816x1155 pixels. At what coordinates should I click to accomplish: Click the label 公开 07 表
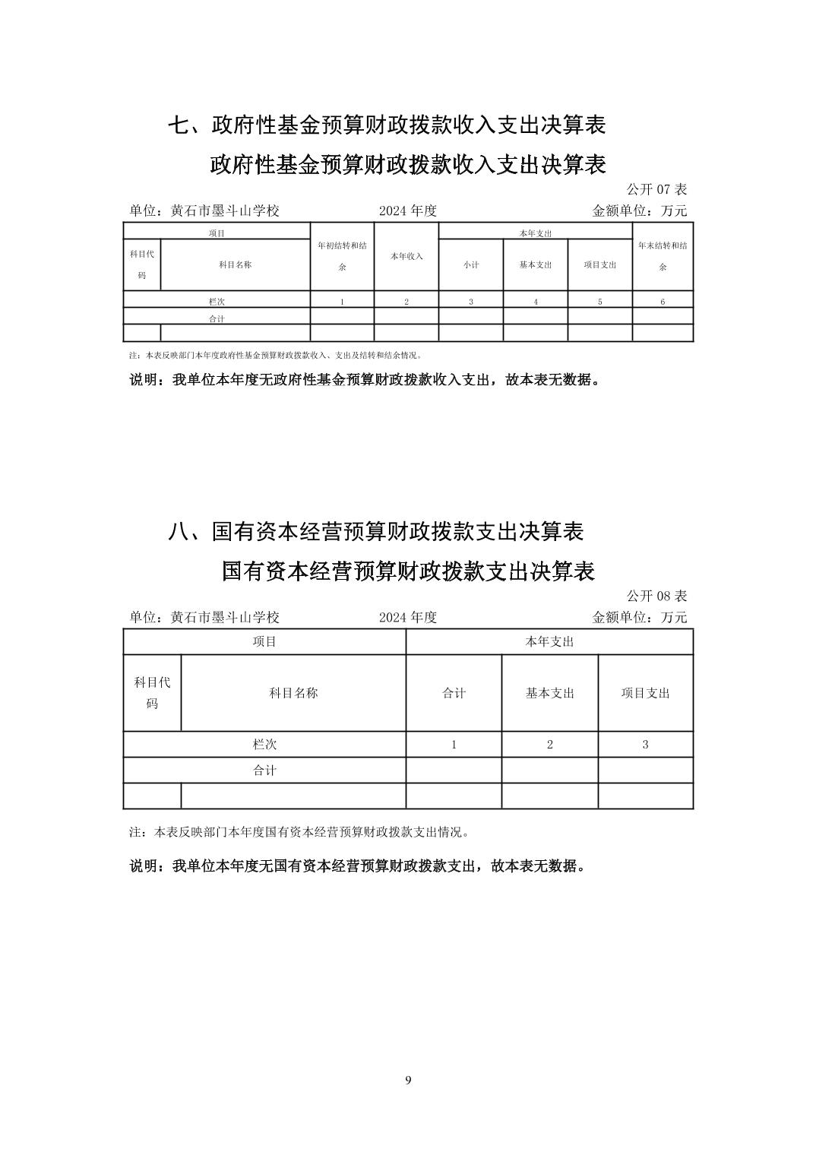[656, 188]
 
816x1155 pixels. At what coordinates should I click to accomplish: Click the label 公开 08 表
[656, 595]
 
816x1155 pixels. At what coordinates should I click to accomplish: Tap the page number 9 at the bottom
[408, 1080]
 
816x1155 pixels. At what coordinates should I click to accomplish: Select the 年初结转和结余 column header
[342, 256]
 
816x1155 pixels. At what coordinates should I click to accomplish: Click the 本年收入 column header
[406, 257]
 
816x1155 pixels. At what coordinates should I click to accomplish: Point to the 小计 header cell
[471, 264]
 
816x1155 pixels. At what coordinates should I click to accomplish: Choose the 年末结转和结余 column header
[663, 256]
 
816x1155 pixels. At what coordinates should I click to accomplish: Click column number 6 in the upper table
[663, 302]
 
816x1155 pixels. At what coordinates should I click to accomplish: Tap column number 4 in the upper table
[536, 302]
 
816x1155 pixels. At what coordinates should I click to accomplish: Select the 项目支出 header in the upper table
[599, 264]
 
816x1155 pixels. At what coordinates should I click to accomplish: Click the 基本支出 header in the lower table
[550, 693]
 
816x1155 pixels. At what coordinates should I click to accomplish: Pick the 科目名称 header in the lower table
[293, 693]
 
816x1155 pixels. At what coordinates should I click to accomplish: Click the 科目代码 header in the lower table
[152, 692]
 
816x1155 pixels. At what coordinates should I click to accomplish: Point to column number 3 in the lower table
[645, 744]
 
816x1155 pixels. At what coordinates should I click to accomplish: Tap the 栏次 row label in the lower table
[264, 744]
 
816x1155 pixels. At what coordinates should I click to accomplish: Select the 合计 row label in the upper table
[217, 318]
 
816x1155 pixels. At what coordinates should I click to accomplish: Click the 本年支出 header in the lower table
[549, 642]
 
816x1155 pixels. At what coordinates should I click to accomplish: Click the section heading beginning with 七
[387, 125]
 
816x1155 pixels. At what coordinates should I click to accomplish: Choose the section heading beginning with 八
[375, 532]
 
